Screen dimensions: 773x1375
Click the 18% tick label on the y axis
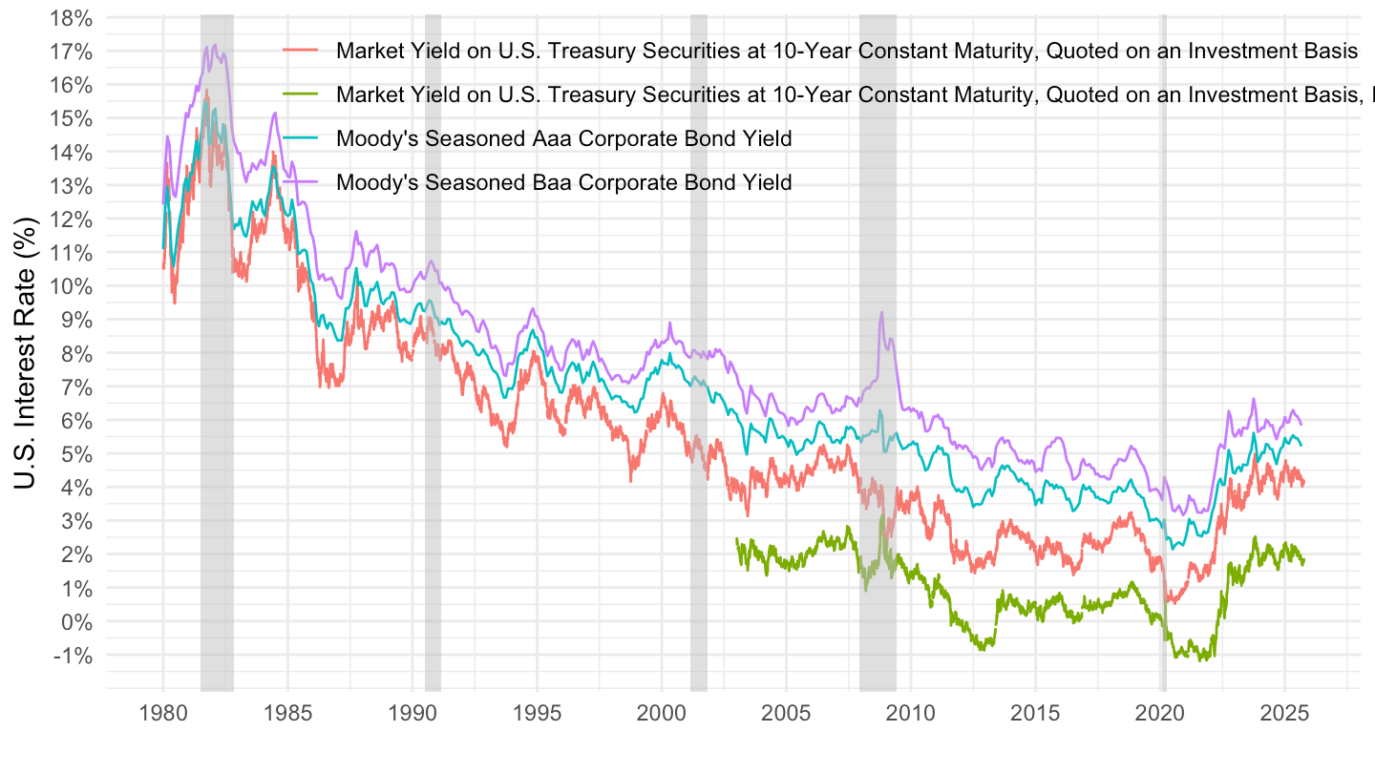pyautogui.click(x=73, y=18)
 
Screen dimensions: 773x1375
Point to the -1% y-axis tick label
pyautogui.click(x=74, y=656)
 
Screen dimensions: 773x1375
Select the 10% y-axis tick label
pyautogui.click(x=73, y=286)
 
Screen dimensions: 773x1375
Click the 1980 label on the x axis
pyautogui.click(x=162, y=714)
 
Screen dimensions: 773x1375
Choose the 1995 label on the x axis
pyautogui.click(x=537, y=714)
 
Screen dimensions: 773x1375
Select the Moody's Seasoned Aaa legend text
pyautogui.click(x=563, y=138)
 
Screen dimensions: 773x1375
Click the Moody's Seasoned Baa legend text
pyautogui.click(x=563, y=182)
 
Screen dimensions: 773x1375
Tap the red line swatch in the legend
pyautogui.click(x=302, y=51)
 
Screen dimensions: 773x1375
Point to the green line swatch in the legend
pyautogui.click(x=302, y=94)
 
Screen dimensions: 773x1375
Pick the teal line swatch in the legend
pyautogui.click(x=302, y=138)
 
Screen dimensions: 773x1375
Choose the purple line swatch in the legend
pyautogui.click(x=302, y=182)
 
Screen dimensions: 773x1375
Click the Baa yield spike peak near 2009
pyautogui.click(x=881, y=312)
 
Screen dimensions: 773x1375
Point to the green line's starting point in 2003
pyautogui.click(x=736, y=538)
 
